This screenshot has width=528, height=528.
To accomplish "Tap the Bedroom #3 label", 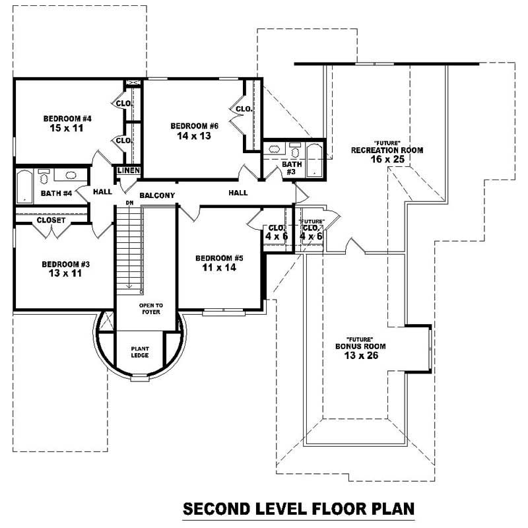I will tap(65, 264).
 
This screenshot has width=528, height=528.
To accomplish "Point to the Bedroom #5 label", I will tap(216, 257).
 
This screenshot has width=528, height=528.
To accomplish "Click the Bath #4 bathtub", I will tap(24, 186).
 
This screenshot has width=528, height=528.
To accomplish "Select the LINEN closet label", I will tap(127, 171).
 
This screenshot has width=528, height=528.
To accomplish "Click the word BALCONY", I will tap(157, 195).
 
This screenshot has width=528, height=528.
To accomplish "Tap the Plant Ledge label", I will tap(139, 352).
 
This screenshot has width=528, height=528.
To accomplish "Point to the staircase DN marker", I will tap(129, 203).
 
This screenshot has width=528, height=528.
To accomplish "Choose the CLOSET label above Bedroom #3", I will tap(51, 220).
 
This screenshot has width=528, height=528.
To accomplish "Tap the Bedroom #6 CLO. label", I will tap(243, 109).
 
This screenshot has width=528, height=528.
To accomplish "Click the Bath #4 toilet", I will tap(44, 178).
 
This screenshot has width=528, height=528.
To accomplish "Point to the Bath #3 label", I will tap(292, 168).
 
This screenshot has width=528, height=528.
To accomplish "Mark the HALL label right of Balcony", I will tap(238, 193).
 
